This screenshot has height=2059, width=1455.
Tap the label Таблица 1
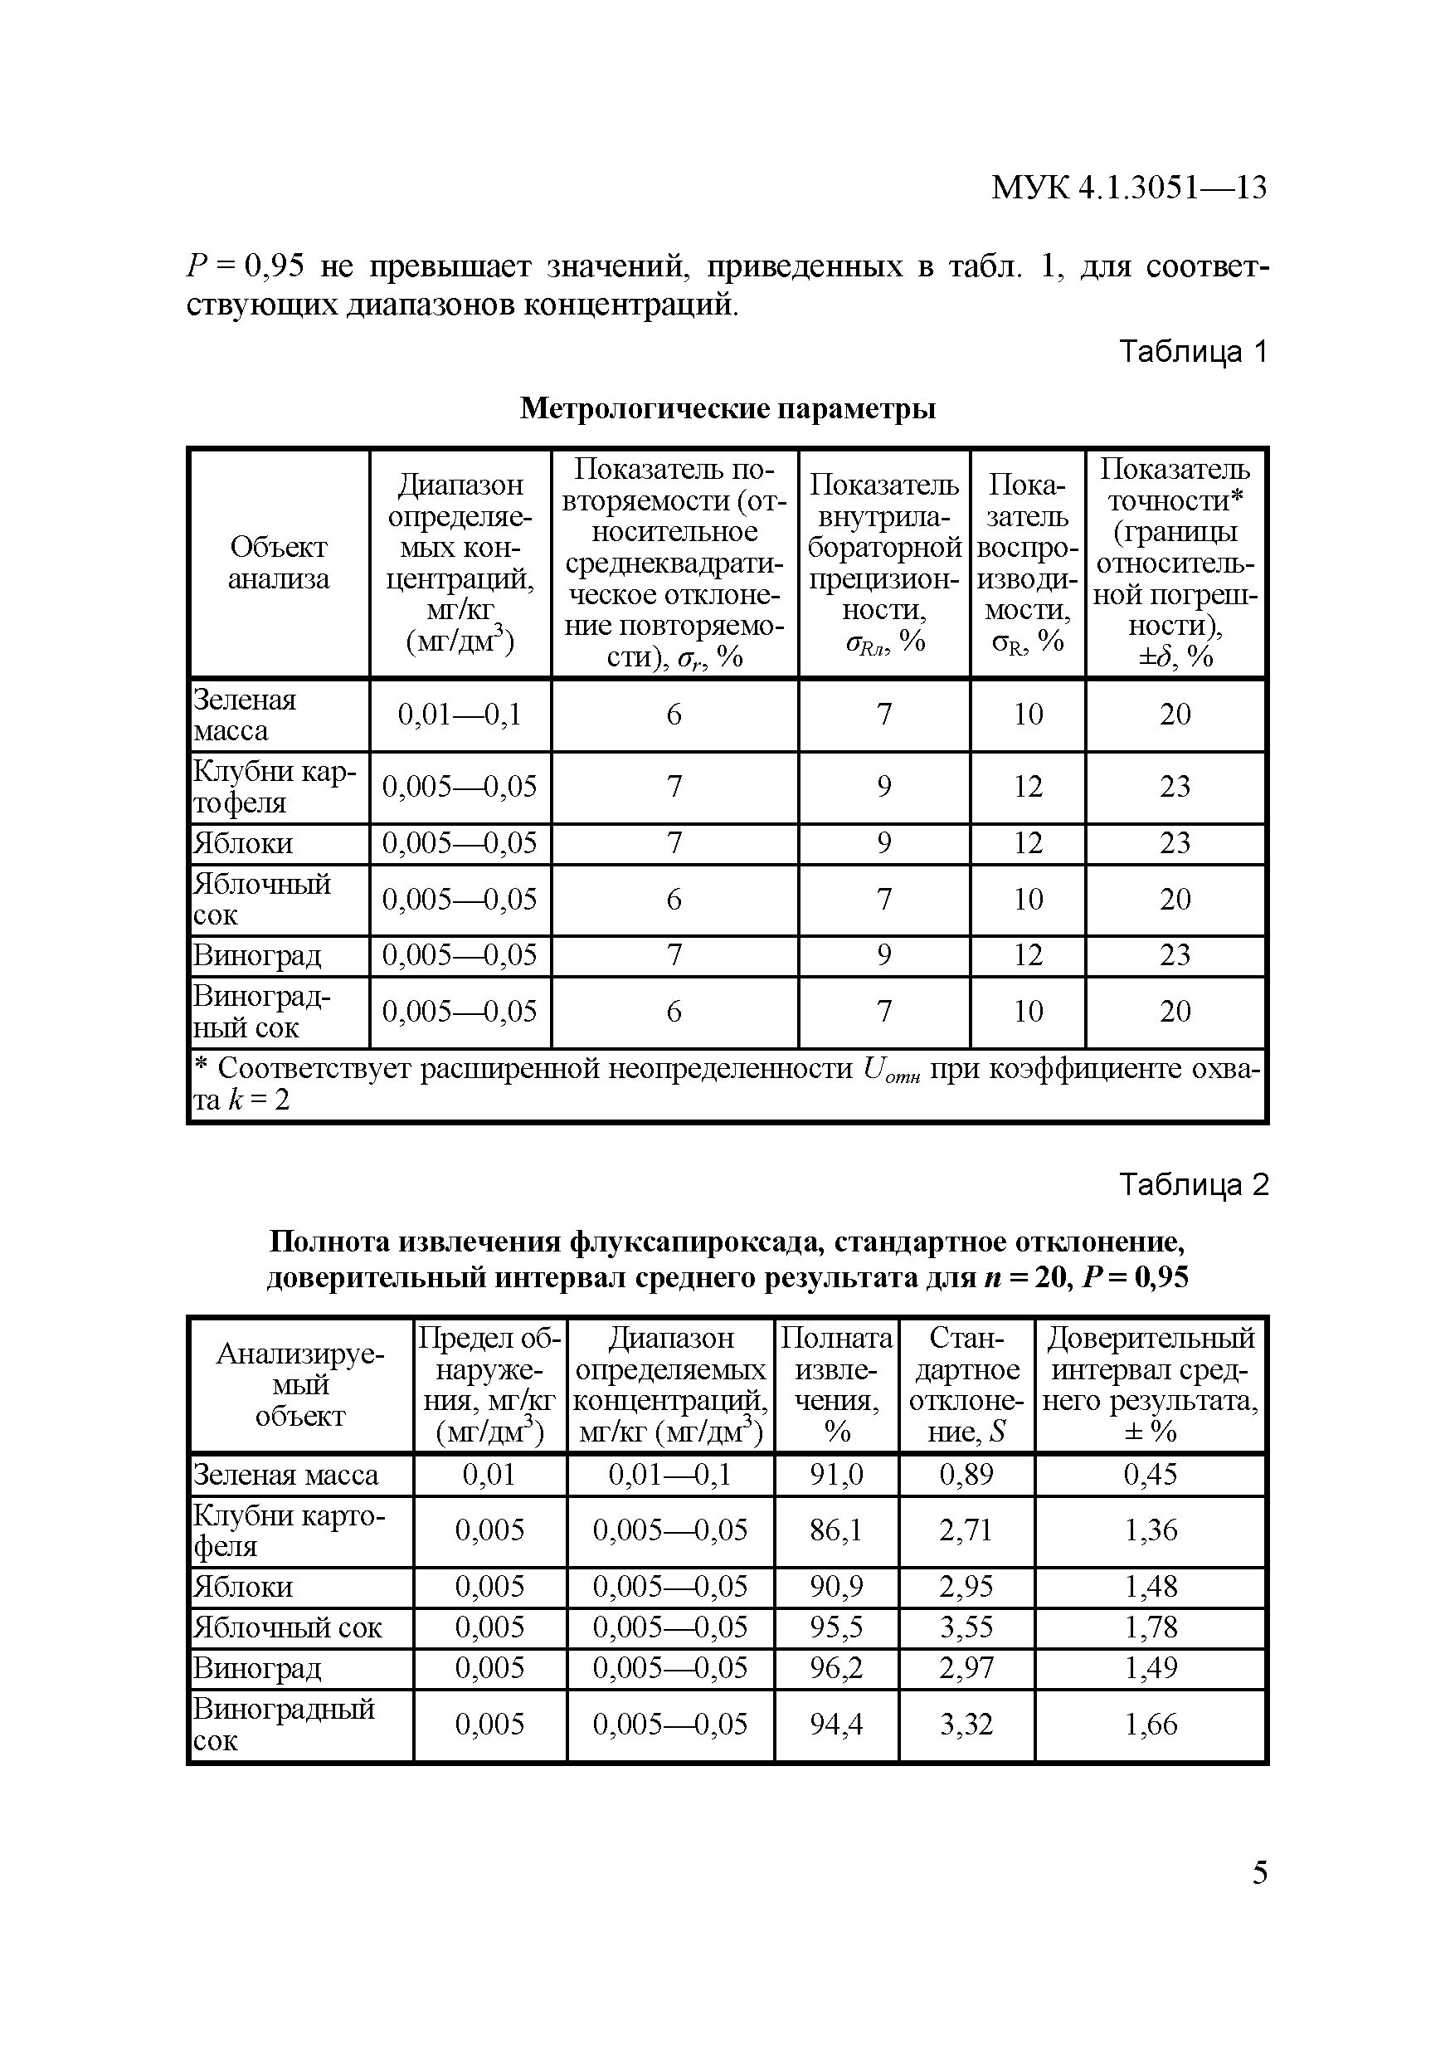pyautogui.click(x=1193, y=352)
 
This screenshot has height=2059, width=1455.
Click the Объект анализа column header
pyautogui.click(x=279, y=563)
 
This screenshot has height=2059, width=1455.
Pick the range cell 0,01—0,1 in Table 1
pyautogui.click(x=459, y=715)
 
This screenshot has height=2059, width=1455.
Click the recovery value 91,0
pyautogui.click(x=835, y=1474)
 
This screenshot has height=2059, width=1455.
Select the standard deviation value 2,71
pyautogui.click(x=966, y=1530)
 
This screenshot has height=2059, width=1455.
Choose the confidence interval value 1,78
pyautogui.click(x=1151, y=1627)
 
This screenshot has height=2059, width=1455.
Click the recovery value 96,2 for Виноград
pyautogui.click(x=835, y=1668)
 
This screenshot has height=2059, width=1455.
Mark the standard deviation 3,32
pyautogui.click(x=966, y=1724)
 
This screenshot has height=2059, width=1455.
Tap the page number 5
pyautogui.click(x=1259, y=1872)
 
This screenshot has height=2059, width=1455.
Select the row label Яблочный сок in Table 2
pyautogui.click(x=288, y=1627)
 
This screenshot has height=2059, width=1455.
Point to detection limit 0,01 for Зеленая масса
pyautogui.click(x=489, y=1474)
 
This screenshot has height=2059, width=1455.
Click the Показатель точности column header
pyautogui.click(x=1175, y=563)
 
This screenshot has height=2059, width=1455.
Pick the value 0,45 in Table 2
pyautogui.click(x=1151, y=1474)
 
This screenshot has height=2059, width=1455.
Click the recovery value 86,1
pyautogui.click(x=835, y=1530)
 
